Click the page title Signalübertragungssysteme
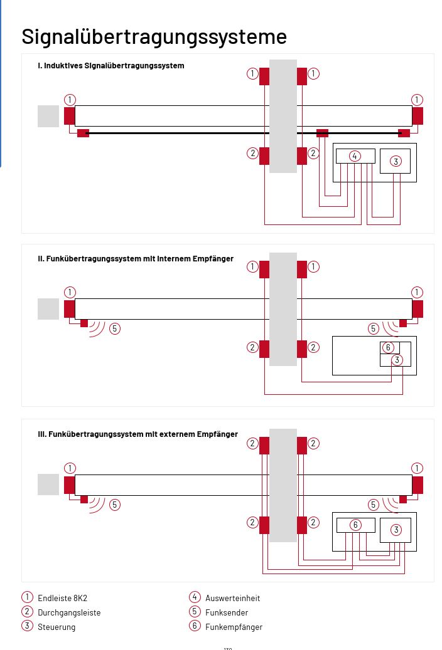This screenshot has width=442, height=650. (x=154, y=36)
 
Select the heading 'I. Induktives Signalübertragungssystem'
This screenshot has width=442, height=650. (x=111, y=65)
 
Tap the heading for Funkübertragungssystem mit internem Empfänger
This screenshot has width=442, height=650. (x=136, y=258)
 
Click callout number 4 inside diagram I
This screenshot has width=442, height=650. (x=355, y=156)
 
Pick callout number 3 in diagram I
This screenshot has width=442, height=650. (x=396, y=161)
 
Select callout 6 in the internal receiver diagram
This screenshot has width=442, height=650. (x=388, y=347)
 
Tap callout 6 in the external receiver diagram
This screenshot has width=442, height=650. (x=355, y=525)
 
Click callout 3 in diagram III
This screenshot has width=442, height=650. (x=396, y=530)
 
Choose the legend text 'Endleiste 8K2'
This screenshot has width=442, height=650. (x=62, y=598)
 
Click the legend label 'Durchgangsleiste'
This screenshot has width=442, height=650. (x=69, y=612)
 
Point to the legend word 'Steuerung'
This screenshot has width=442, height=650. (x=57, y=627)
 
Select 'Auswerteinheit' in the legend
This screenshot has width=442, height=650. (x=232, y=598)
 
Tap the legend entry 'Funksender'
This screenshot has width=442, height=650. (x=227, y=612)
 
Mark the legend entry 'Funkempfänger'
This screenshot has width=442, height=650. (x=234, y=627)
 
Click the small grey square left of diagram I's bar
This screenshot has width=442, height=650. (x=48, y=117)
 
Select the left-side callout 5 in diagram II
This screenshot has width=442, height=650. (x=115, y=328)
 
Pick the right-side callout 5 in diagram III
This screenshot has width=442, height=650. (x=374, y=504)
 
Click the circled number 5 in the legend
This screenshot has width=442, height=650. (x=195, y=612)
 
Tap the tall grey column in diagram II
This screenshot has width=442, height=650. (x=283, y=309)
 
